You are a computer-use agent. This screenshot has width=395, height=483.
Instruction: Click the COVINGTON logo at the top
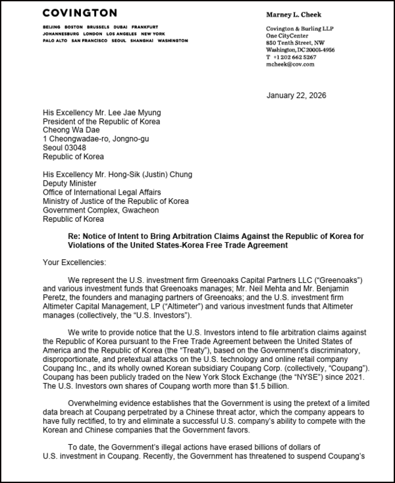click(79, 14)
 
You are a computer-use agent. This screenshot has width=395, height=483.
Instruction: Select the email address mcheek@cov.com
click(290, 64)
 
